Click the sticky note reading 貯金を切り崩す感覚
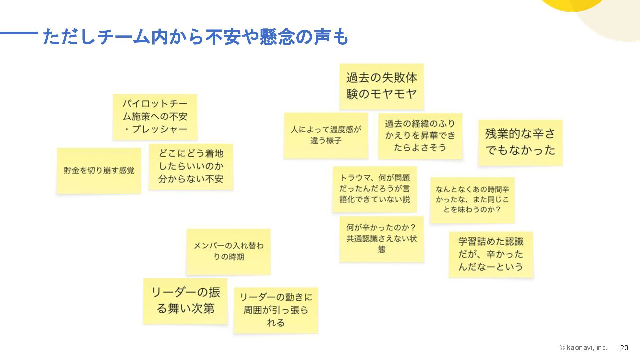click(99, 170)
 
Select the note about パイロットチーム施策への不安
click(155, 117)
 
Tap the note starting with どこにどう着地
click(191, 166)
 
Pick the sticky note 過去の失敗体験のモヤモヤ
click(381, 86)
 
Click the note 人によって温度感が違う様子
click(326, 135)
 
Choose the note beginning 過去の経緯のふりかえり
click(420, 136)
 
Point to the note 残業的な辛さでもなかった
click(520, 142)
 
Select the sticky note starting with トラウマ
click(375, 189)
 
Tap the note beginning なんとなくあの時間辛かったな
click(472, 200)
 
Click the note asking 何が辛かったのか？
click(381, 239)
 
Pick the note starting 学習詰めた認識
click(491, 254)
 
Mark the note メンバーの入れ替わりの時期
click(228, 251)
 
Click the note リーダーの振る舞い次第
click(185, 301)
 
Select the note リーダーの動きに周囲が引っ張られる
click(276, 310)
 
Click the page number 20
click(624, 348)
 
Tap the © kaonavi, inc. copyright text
click(583, 348)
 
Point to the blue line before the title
click(19, 33)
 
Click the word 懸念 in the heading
click(277, 37)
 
